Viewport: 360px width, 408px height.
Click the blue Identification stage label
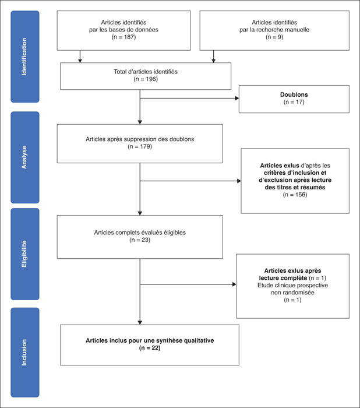24,57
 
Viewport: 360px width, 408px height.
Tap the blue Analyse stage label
24,157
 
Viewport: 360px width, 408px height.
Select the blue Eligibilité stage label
24,254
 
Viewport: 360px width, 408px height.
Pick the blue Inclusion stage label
24,352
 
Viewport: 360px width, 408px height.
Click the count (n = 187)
124,37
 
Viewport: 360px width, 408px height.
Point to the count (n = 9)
274,37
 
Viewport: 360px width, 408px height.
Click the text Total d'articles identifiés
146,72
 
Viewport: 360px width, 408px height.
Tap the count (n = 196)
146,79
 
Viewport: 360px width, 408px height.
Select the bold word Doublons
294,94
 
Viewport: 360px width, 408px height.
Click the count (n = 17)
294,102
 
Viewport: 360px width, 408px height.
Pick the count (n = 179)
140,146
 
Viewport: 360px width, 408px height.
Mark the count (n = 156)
295,194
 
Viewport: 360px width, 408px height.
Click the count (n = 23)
140,240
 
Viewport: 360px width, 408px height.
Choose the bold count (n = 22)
150,347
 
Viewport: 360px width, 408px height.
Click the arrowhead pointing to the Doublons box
237,98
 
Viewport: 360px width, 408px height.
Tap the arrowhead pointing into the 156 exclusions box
239,181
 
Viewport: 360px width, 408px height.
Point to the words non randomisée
292,293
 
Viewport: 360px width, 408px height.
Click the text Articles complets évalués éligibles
140,233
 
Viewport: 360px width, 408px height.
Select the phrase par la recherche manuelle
274,30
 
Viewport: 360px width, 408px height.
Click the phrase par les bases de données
124,30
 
